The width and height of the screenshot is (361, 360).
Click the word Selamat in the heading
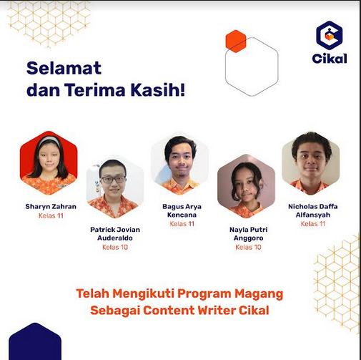[64, 68]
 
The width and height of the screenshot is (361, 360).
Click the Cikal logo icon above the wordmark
[330, 35]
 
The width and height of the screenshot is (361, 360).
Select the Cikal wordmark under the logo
[330, 59]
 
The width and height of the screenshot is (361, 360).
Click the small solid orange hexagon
[236, 42]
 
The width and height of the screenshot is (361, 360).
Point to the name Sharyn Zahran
[51, 206]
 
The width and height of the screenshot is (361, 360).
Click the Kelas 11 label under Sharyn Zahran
[51, 215]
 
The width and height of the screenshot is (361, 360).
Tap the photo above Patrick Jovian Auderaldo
[115, 187]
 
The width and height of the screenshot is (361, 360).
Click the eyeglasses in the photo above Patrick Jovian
[114, 179]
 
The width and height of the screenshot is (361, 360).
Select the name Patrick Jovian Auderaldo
[115, 234]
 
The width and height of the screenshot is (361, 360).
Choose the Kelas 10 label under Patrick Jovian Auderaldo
[115, 247]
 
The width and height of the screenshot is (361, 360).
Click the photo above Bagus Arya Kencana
[180, 163]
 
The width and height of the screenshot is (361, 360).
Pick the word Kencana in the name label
[182, 215]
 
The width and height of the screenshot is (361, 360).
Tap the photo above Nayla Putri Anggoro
[247, 186]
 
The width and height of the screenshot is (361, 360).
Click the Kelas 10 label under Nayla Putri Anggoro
[248, 247]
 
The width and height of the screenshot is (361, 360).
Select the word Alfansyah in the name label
[313, 215]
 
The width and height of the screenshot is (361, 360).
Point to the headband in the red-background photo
[49, 140]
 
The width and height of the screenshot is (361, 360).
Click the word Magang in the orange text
[259, 294]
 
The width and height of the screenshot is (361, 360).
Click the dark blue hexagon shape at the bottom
[35, 342]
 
